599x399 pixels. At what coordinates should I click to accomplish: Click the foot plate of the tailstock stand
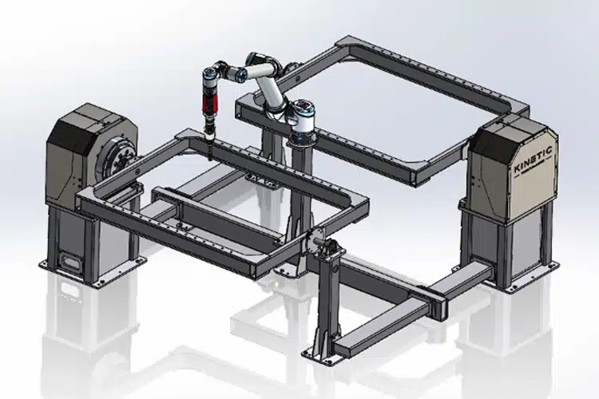[323, 350]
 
